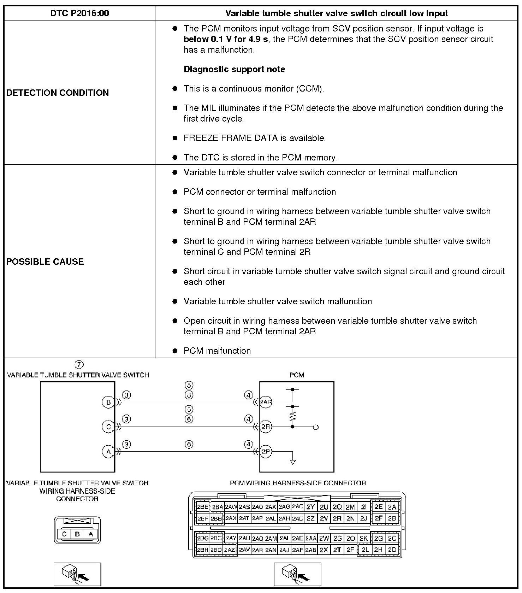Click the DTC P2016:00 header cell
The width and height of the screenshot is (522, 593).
79,13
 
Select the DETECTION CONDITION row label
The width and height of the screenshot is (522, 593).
58,93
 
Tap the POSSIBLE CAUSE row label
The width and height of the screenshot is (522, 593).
45,262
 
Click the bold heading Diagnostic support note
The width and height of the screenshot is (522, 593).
234,69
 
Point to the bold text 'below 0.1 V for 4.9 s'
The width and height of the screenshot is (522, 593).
226,39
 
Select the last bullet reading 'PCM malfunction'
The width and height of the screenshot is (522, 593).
217,351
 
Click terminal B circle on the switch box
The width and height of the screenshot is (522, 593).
108,402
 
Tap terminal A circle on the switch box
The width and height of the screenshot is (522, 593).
108,452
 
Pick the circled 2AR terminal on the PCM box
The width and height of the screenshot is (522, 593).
266,402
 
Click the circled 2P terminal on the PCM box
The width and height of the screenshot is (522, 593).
266,452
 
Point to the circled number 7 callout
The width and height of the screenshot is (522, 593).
79,364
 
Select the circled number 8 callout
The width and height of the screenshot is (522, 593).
189,395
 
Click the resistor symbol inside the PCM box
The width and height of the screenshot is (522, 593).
292,416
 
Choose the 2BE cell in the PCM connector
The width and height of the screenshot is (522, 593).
203,507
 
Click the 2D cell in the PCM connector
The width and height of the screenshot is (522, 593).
392,550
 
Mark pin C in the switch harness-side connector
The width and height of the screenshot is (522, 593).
64,534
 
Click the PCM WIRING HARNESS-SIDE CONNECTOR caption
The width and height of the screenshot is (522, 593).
298,483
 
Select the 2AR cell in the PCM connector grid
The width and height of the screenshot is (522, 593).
257,550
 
